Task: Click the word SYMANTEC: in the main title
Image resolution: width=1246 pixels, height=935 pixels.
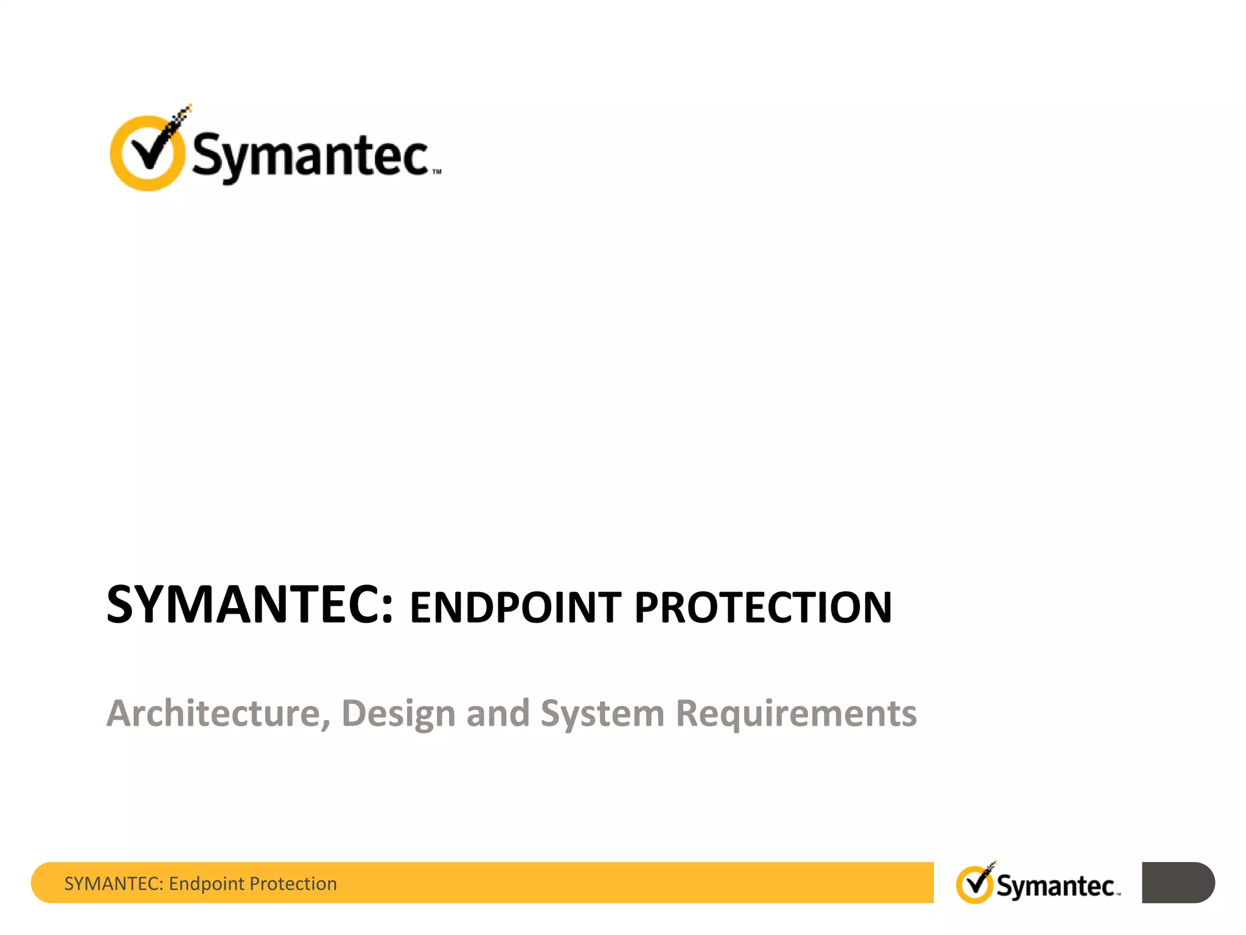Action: [x=249, y=605]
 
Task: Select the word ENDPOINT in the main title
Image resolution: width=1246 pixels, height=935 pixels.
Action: [x=515, y=608]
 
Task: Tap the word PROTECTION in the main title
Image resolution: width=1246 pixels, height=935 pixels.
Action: [x=763, y=608]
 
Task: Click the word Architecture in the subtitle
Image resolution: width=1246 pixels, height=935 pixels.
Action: [x=213, y=713]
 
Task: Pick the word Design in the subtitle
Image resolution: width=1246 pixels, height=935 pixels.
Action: [x=399, y=714]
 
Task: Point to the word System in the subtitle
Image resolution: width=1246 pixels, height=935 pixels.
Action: [x=602, y=714]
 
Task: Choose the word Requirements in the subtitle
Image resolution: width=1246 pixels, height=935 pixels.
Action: [x=796, y=714]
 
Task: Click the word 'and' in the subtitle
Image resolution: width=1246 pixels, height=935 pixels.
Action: [x=498, y=713]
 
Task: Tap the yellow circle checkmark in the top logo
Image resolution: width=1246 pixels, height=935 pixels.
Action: [x=147, y=152]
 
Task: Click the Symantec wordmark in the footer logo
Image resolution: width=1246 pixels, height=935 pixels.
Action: [x=1056, y=886]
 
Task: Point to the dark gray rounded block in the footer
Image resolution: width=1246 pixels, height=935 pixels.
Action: [x=1178, y=882]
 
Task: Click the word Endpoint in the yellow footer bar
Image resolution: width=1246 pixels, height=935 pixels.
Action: [x=207, y=884]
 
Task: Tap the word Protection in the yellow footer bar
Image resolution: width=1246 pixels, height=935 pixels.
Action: [x=293, y=883]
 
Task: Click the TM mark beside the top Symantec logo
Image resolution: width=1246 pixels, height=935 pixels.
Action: [x=437, y=172]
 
